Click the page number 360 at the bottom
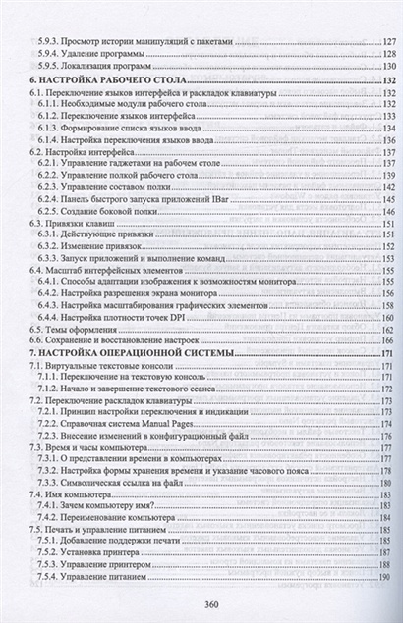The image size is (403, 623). tap(202, 604)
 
